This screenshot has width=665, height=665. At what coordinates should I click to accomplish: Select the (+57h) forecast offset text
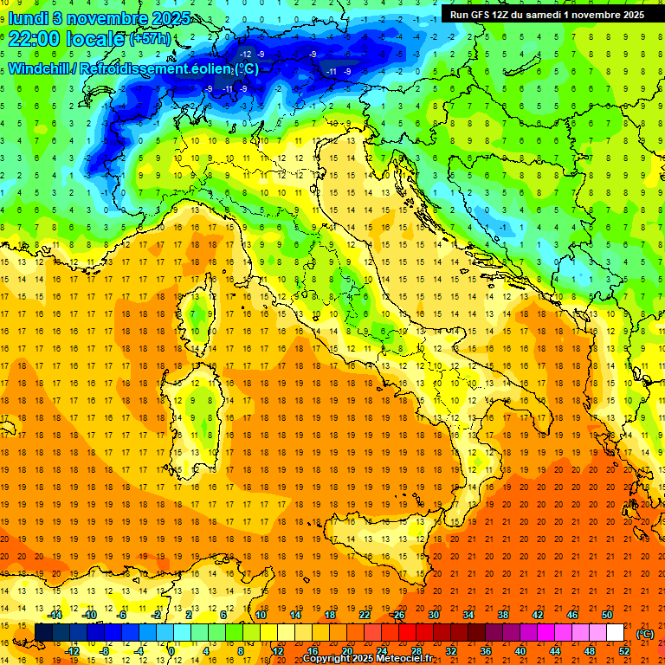151,40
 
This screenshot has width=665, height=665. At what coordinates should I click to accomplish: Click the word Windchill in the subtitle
40,68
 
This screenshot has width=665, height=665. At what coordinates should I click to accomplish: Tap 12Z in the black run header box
509,15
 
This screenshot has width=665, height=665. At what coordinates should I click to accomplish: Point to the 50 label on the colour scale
606,615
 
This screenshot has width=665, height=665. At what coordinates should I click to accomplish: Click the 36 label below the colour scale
486,651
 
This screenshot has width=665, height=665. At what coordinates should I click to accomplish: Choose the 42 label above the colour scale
538,615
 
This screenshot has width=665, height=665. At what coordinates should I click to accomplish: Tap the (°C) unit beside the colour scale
644,634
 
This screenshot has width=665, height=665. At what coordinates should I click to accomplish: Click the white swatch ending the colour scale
615,633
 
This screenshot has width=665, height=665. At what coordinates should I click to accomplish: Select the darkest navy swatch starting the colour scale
43,633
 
